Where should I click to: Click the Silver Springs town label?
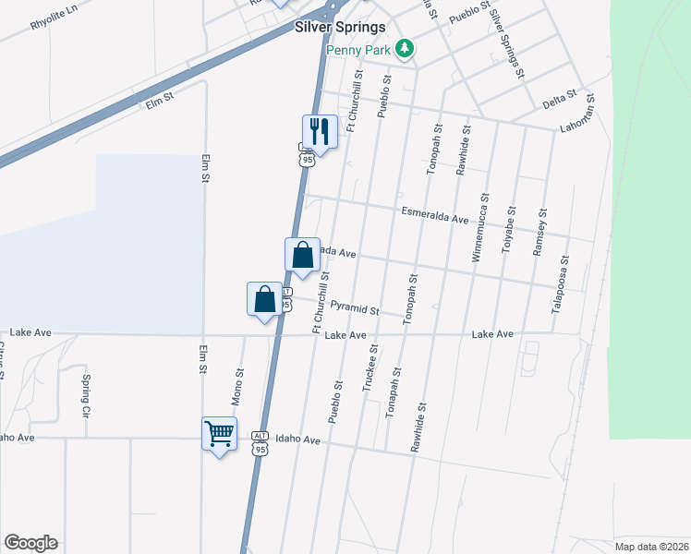pyautogui.click(x=340, y=27)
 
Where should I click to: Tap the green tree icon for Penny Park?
pyautogui.click(x=404, y=47)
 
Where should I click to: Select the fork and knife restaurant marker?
pyautogui.click(x=320, y=132)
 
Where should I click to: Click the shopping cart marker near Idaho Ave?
pyautogui.click(x=219, y=433)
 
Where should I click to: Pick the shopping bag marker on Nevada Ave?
pyautogui.click(x=303, y=255)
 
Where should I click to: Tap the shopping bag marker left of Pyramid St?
pyautogui.click(x=265, y=299)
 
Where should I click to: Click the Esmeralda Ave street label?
pyautogui.click(x=435, y=216)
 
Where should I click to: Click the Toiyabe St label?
pyautogui.click(x=509, y=223)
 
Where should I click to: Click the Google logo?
pyautogui.click(x=30, y=543)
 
